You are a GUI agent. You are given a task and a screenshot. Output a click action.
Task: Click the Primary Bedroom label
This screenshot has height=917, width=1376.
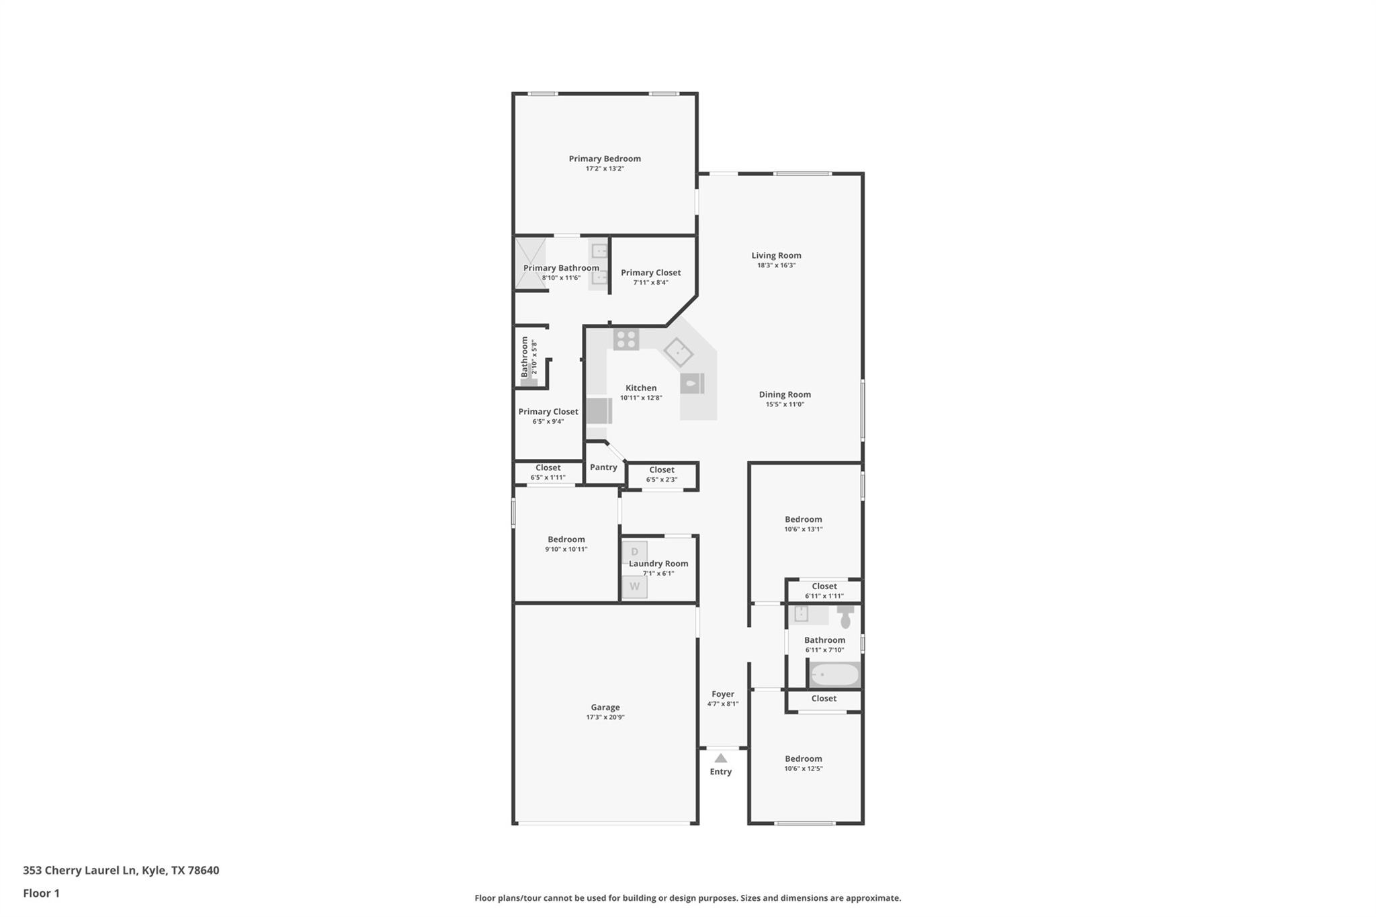click(x=605, y=159)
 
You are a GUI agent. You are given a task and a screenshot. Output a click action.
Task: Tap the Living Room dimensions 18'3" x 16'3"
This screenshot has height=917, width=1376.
click(x=776, y=265)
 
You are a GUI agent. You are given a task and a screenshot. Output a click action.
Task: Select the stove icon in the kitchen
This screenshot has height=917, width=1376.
click(x=626, y=339)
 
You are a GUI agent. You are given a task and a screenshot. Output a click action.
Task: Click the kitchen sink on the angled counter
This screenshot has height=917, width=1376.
click(x=678, y=352)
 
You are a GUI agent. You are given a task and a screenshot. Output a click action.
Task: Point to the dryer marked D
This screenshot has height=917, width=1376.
click(x=634, y=552)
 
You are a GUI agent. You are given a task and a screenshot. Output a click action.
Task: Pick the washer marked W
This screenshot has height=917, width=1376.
click(x=634, y=586)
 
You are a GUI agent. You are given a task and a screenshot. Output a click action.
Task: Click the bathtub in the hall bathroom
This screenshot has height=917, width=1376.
click(x=834, y=674)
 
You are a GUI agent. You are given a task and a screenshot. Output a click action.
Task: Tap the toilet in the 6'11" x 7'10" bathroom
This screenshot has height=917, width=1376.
click(x=845, y=615)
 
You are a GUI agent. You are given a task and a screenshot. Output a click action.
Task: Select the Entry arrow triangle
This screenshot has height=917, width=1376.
click(x=720, y=758)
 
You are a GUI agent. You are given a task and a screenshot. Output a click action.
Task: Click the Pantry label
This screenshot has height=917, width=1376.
click(x=603, y=467)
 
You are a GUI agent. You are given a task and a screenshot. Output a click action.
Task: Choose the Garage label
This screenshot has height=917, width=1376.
click(x=605, y=707)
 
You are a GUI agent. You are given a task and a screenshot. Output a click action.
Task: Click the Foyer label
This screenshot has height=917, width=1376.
click(x=722, y=694)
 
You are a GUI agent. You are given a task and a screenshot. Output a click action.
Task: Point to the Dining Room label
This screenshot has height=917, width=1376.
click(x=785, y=394)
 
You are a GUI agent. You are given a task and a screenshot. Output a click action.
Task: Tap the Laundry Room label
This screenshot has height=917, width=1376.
click(x=658, y=564)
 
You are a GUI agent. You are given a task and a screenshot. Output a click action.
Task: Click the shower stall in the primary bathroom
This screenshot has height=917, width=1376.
click(x=530, y=263)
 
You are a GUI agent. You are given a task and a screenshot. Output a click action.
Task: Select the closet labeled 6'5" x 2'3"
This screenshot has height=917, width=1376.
click(x=662, y=474)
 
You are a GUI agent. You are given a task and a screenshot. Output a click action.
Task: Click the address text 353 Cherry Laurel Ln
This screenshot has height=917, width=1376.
click(x=81, y=870)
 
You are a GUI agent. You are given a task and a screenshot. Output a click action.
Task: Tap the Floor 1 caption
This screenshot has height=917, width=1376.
click(x=41, y=893)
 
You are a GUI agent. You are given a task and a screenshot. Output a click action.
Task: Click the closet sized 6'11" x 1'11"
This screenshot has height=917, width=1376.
click(x=824, y=591)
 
